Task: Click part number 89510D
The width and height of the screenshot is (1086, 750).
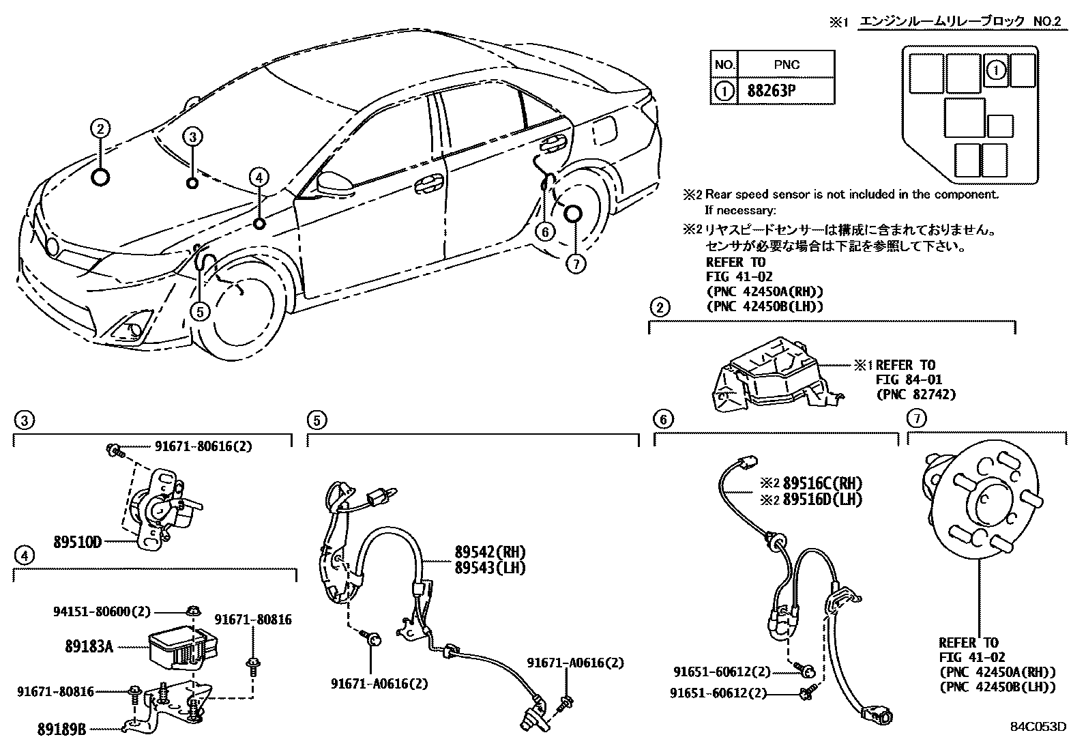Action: pyautogui.click(x=77, y=543)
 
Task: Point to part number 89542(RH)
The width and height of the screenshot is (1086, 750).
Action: pyautogui.click(x=490, y=552)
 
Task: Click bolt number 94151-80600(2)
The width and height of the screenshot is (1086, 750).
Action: pyautogui.click(x=101, y=611)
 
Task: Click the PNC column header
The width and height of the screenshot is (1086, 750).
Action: pyautogui.click(x=786, y=65)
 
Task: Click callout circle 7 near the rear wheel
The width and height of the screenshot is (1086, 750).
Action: pyautogui.click(x=576, y=264)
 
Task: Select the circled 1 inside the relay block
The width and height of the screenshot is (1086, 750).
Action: pyautogui.click(x=996, y=70)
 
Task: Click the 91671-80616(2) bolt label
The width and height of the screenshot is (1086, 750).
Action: pyautogui.click(x=203, y=447)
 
